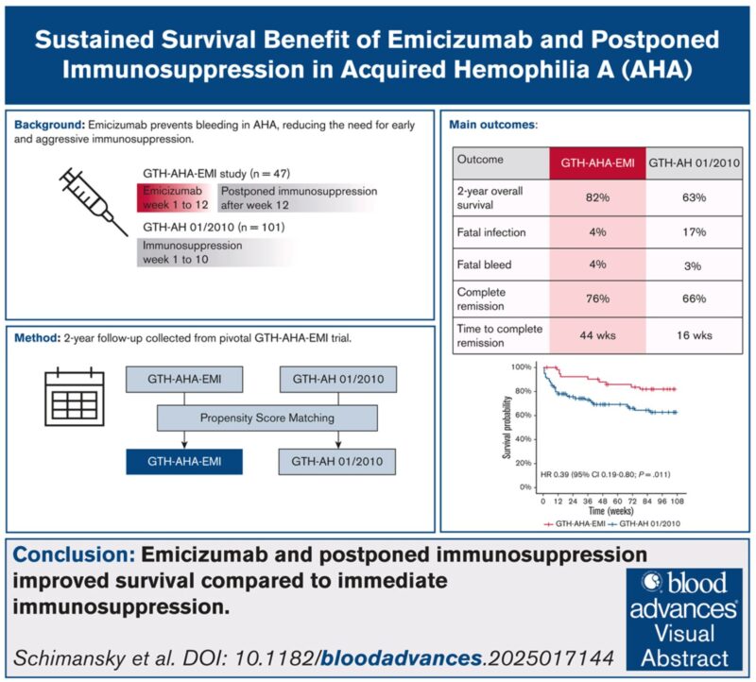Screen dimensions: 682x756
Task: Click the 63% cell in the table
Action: click(x=693, y=196)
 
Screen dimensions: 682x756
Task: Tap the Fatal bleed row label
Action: click(x=484, y=266)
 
